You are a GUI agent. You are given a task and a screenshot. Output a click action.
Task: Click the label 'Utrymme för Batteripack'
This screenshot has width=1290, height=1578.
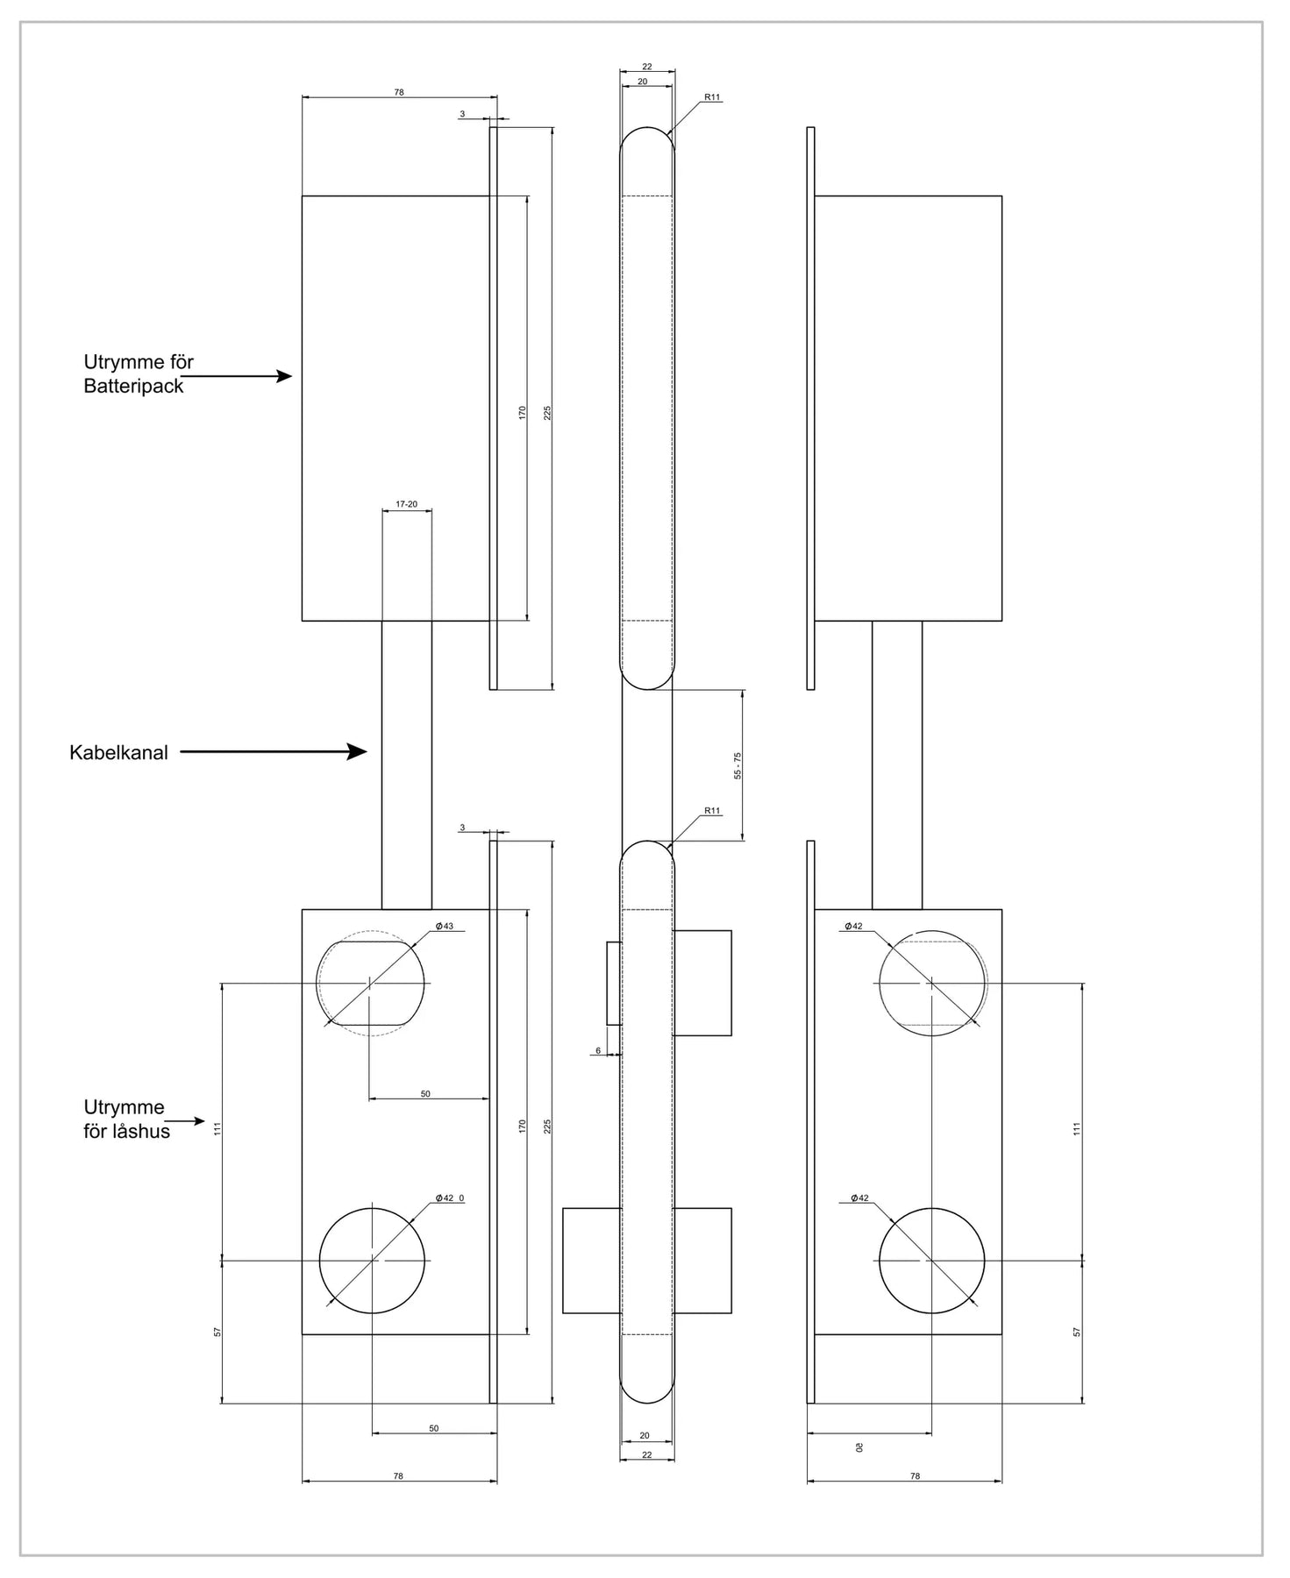[x=139, y=373]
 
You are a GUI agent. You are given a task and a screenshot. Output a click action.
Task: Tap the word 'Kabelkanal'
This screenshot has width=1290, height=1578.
[x=118, y=752]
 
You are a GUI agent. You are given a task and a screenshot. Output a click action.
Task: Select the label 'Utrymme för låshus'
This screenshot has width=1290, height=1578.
[x=126, y=1119]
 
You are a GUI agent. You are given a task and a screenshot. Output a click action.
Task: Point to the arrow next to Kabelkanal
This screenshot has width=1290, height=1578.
[x=274, y=751]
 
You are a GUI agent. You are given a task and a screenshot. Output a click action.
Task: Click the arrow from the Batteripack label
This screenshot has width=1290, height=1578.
[x=237, y=376]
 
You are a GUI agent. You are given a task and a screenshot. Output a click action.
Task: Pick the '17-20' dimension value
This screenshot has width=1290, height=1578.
[x=407, y=504]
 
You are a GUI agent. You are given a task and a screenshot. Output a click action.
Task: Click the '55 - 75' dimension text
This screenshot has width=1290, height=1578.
[x=738, y=765]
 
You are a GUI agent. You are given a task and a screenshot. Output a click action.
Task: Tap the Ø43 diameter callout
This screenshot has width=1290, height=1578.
[x=445, y=926]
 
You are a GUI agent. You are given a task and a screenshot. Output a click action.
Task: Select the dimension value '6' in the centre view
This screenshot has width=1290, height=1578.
[x=598, y=1050]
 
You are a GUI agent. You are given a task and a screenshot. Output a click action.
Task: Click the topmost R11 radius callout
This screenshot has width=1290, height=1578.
[x=712, y=97]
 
